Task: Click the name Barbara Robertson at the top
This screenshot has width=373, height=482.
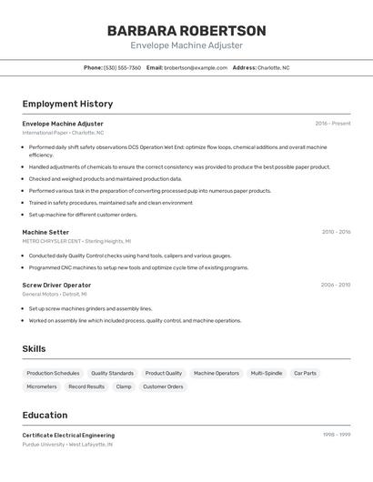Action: click(x=186, y=30)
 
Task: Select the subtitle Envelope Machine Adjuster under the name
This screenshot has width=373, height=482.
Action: click(x=186, y=45)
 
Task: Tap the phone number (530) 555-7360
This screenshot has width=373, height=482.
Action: click(x=122, y=68)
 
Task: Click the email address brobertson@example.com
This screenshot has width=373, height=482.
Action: click(x=196, y=68)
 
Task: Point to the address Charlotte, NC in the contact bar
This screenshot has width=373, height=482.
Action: click(x=273, y=68)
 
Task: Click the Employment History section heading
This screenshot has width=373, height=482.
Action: click(x=67, y=105)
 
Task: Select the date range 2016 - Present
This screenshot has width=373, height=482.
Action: click(x=332, y=124)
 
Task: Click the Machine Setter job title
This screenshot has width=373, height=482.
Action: click(x=45, y=232)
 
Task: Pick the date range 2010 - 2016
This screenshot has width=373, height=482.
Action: click(x=336, y=232)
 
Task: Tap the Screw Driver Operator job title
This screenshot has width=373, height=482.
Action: click(x=56, y=286)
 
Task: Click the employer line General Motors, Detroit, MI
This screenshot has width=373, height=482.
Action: click(x=55, y=295)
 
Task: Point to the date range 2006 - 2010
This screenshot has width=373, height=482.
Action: click(x=335, y=286)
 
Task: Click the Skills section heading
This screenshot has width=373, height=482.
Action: click(x=34, y=349)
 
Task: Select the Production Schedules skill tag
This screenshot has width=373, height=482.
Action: click(x=53, y=373)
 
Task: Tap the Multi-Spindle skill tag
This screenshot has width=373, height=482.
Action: click(x=267, y=373)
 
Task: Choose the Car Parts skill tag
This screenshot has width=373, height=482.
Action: click(x=305, y=373)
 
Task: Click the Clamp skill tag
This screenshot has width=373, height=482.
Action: click(x=124, y=387)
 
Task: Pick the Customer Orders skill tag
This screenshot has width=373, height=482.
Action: click(x=163, y=387)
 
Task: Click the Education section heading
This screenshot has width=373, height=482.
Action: click(x=45, y=415)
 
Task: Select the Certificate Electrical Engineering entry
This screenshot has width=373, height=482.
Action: click(x=68, y=436)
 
